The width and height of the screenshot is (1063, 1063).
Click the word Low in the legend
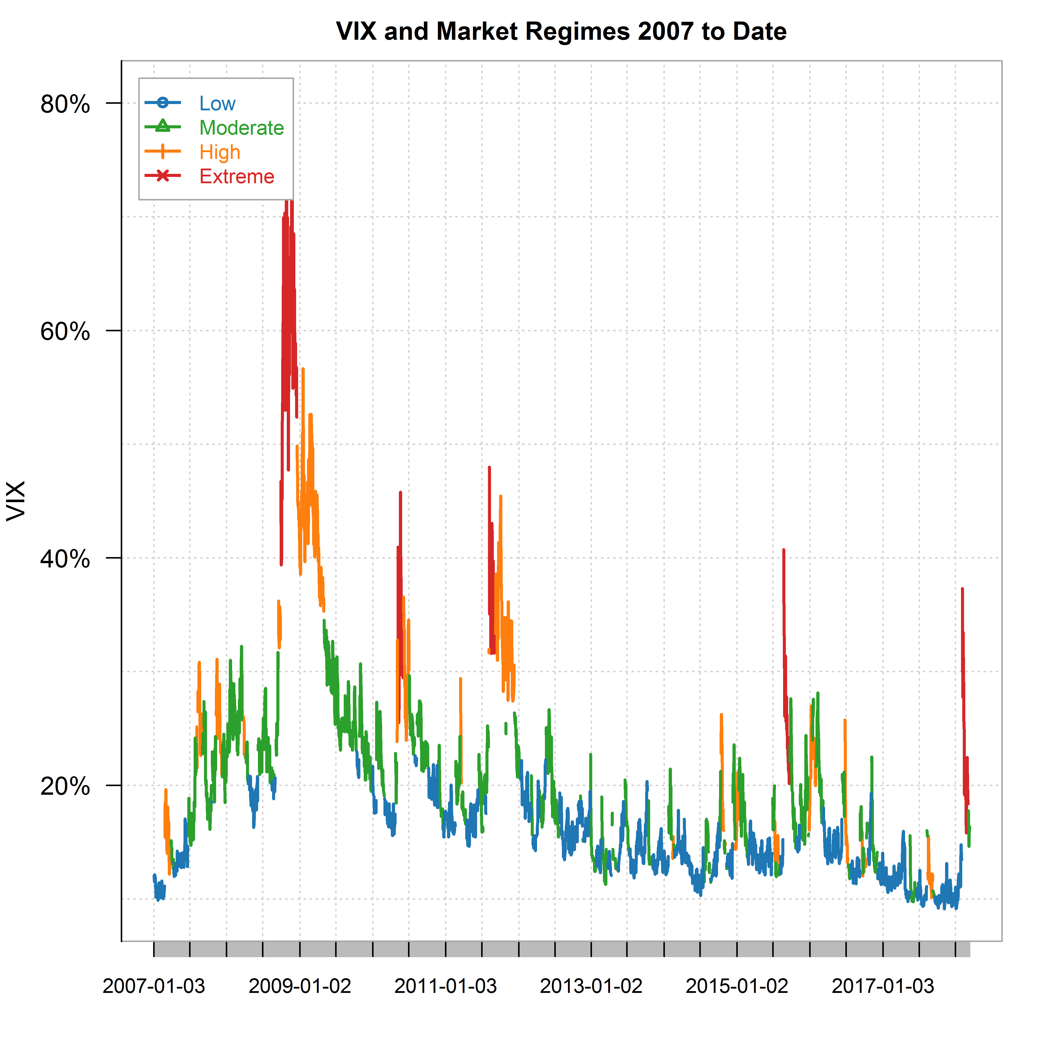[217, 104]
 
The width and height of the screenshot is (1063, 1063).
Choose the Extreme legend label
[237, 177]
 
